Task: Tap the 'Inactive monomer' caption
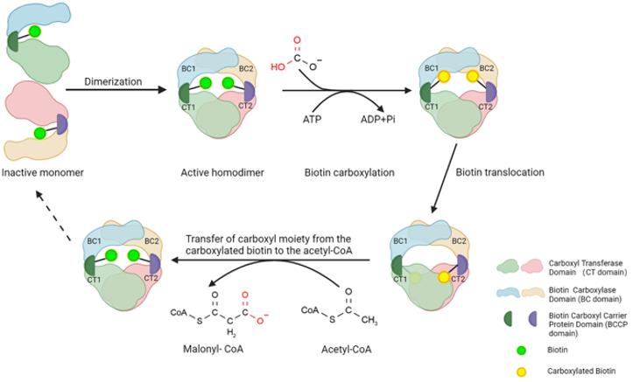click(42, 172)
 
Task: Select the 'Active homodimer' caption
click(215, 172)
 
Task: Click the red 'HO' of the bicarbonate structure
click(278, 65)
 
